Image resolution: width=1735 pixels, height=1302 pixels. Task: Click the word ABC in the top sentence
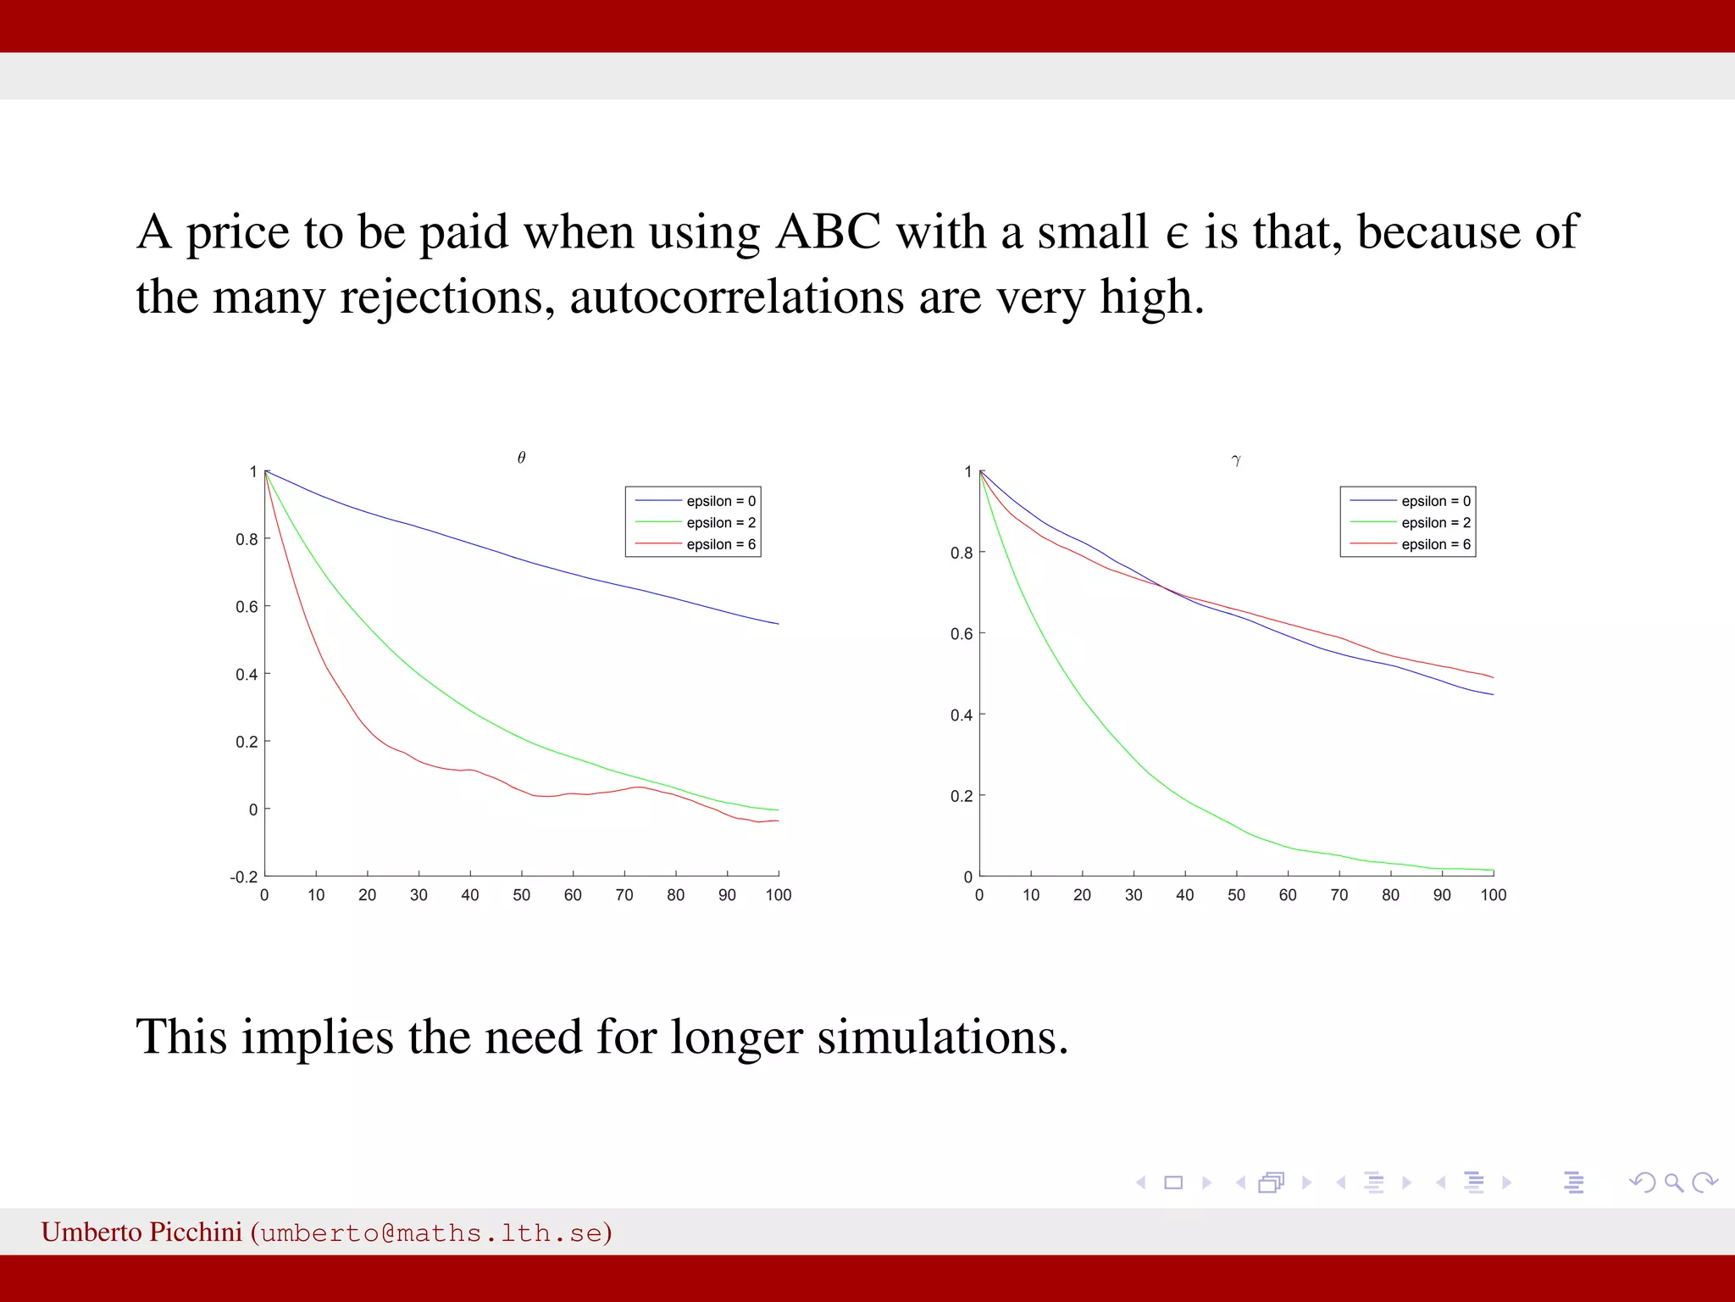coord(828,231)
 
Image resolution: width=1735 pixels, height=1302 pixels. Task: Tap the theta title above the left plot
coord(521,458)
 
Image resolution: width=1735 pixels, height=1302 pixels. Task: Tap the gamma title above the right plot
coord(1236,459)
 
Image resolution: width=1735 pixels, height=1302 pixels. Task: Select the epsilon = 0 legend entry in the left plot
coord(720,501)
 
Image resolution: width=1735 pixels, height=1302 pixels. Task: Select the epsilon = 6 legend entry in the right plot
coord(1435,544)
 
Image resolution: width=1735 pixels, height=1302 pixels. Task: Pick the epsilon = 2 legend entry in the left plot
coord(720,523)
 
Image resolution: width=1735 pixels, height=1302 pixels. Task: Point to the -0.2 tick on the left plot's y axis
coord(245,876)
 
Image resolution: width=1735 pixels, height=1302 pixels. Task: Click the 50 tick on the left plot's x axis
coord(521,895)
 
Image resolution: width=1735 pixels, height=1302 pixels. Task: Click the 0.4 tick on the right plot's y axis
coord(962,715)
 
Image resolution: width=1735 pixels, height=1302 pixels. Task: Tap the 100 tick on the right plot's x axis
coord(1493,895)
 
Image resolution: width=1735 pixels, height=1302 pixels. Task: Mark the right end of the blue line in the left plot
coord(778,624)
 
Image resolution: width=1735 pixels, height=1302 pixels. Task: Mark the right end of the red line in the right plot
coord(1493,677)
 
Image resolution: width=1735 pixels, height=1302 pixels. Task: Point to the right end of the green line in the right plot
coord(1493,870)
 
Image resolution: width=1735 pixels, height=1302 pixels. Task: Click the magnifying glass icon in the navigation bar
coord(1673,1182)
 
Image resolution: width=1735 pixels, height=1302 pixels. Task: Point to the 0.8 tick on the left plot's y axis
coord(247,539)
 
